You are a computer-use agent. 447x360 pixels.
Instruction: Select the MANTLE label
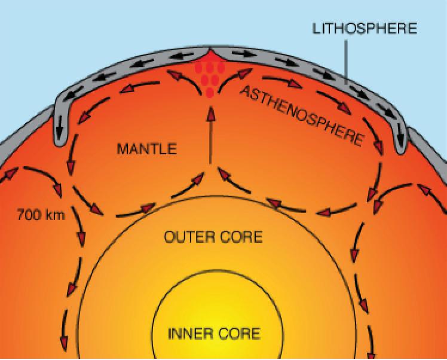[146, 148]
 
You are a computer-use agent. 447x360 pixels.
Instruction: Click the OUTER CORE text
[213, 237]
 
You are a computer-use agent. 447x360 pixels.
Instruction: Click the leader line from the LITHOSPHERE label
[347, 60]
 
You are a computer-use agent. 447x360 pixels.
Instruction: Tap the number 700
[28, 213]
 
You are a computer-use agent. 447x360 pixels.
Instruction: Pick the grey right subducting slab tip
[401, 147]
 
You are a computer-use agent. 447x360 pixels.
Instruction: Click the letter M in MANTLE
[121, 148]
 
